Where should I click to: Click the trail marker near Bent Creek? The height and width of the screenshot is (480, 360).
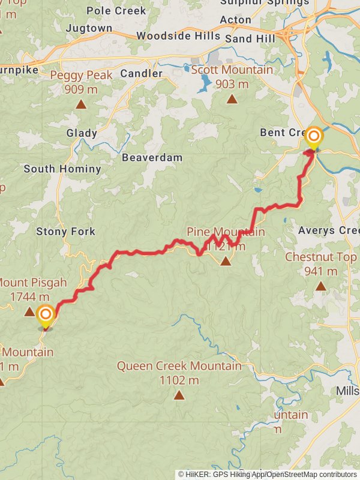tap(313, 137)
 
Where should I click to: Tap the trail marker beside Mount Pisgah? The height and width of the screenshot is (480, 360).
tap(45, 316)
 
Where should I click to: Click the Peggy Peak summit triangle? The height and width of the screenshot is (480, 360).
tap(80, 104)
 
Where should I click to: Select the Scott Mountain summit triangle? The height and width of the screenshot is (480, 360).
tap(232, 99)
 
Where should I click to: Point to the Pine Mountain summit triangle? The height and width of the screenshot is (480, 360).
tap(226, 260)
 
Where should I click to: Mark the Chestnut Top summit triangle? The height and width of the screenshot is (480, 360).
tap(321, 286)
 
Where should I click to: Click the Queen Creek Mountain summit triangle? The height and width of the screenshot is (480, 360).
tap(179, 394)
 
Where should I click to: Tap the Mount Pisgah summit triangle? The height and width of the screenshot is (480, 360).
tap(29, 311)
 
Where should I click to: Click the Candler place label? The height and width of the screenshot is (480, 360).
tap(142, 74)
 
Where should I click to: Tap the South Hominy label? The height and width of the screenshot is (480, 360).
tap(62, 169)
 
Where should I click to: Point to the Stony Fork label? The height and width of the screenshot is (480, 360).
tap(65, 231)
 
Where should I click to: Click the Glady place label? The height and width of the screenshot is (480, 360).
tap(82, 133)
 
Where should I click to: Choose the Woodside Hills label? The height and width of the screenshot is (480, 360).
tap(178, 36)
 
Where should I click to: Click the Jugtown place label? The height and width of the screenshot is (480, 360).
tap(89, 28)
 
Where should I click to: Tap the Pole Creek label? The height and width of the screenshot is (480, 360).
tap(116, 11)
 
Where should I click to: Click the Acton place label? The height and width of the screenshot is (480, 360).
tap(235, 20)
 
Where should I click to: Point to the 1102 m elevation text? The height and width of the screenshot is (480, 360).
tap(179, 380)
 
